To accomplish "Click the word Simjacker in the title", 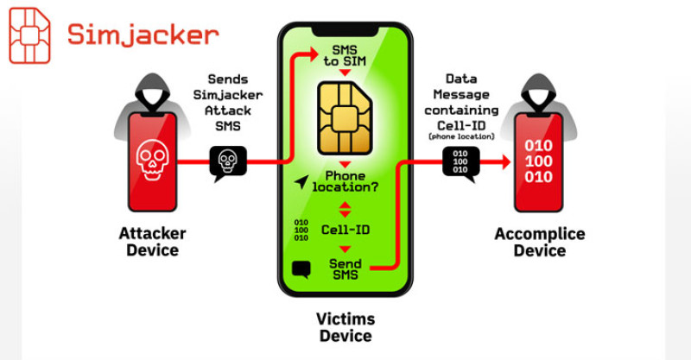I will (x=142, y=35).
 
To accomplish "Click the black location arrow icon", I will (x=301, y=181).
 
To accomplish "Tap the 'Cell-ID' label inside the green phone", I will (x=345, y=231).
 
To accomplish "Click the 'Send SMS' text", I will (x=345, y=269).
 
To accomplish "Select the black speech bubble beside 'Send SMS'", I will (x=301, y=269).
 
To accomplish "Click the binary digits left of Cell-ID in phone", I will (x=301, y=231).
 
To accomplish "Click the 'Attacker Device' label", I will (x=151, y=243).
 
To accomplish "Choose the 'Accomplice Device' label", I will (x=539, y=243).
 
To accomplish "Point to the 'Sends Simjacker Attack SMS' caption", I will (x=227, y=101).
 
